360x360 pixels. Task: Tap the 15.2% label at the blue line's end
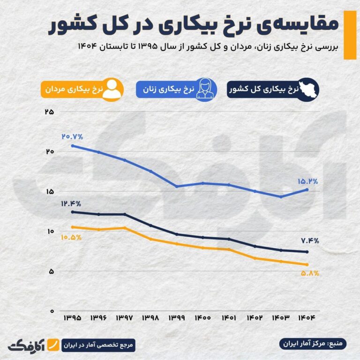click(307, 181)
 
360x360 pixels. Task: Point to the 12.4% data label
click(71, 204)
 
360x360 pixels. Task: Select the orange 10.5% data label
click(71, 237)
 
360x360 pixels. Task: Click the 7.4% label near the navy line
click(309, 241)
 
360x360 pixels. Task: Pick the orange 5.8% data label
click(309, 273)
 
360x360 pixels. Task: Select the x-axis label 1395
click(72, 317)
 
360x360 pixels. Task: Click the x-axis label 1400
click(202, 317)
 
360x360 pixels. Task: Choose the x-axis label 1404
click(307, 317)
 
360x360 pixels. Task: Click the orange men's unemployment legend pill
click(83, 89)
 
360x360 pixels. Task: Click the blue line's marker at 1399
click(177, 187)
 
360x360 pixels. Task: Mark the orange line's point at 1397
click(124, 228)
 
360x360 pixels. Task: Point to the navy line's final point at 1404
click(307, 252)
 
